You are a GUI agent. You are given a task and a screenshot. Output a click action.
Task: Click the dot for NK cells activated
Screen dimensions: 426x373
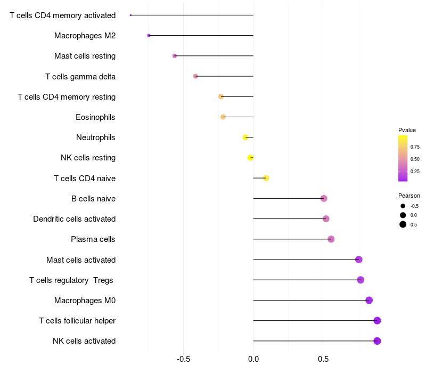(377, 341)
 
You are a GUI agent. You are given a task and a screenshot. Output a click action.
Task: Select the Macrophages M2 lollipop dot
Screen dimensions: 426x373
(149, 36)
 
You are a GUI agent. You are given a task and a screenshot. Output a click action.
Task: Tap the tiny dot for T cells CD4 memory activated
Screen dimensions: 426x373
(130, 15)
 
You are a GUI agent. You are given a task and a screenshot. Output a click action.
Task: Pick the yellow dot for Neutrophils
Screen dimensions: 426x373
(245, 137)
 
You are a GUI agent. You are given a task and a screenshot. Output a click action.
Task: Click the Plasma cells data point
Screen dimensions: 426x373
(331, 239)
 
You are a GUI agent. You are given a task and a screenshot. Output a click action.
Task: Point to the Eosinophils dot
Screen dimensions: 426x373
(223, 117)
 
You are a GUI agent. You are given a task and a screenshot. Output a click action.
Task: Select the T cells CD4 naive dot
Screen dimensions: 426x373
(266, 178)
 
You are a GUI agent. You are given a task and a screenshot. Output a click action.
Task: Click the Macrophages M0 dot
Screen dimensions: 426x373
(369, 301)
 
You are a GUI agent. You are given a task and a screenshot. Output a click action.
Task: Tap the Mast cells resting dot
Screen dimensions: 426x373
(175, 56)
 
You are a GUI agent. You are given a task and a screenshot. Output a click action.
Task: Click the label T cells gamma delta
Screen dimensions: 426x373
(80, 77)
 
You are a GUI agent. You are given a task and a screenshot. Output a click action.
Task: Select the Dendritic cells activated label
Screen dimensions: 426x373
(75, 219)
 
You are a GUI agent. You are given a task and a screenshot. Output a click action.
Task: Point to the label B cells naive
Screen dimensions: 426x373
(94, 199)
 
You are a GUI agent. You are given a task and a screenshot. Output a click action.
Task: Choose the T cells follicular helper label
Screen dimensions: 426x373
(77, 321)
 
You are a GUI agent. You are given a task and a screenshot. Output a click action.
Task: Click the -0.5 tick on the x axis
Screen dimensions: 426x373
(183, 359)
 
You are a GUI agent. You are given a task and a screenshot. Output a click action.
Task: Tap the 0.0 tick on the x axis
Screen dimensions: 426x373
(253, 359)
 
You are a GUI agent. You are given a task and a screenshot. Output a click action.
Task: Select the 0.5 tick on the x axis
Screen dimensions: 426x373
(323, 359)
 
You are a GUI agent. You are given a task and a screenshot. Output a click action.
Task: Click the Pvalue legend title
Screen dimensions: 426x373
(407, 130)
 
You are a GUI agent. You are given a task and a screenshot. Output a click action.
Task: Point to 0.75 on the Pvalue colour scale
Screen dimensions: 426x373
(415, 147)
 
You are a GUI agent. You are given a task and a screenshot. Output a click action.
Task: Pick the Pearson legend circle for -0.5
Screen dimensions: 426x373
(403, 206)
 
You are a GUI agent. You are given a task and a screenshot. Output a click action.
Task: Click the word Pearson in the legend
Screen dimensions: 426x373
(409, 196)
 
